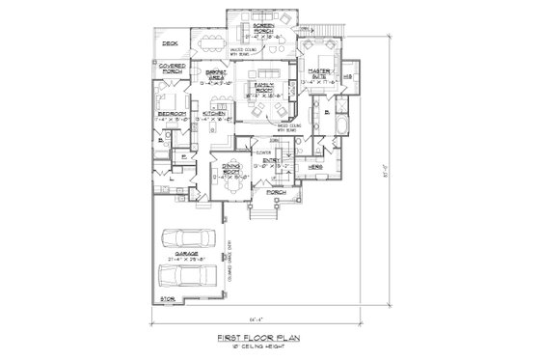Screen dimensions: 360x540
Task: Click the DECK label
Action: [171, 43]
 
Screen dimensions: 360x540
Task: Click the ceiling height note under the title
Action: [262, 345]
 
